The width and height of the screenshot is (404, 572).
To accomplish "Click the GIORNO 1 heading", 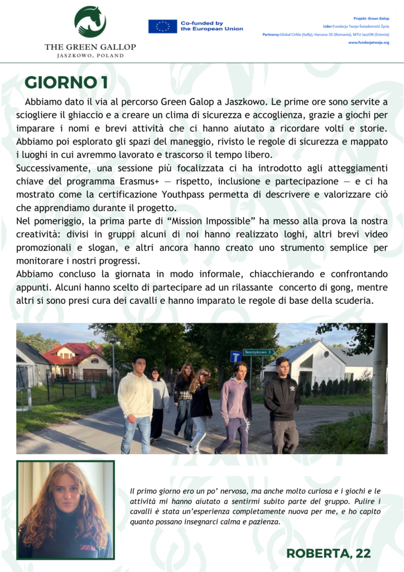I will (x=66, y=82).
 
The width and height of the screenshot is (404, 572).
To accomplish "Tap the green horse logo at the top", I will (x=90, y=22).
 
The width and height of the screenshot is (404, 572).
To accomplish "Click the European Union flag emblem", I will (x=162, y=26).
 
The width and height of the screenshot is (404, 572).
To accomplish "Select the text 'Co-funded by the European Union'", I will (x=211, y=26).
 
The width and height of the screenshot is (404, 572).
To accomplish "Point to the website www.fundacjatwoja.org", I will (x=368, y=42).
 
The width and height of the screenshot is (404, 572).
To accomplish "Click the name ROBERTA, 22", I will (x=328, y=553).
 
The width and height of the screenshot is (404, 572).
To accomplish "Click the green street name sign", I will (x=258, y=352).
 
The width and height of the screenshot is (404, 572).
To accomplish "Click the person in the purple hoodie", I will (x=235, y=405).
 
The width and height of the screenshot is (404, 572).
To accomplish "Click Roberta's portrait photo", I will (x=65, y=509).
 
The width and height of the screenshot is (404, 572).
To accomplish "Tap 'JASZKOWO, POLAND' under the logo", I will (x=90, y=56).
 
